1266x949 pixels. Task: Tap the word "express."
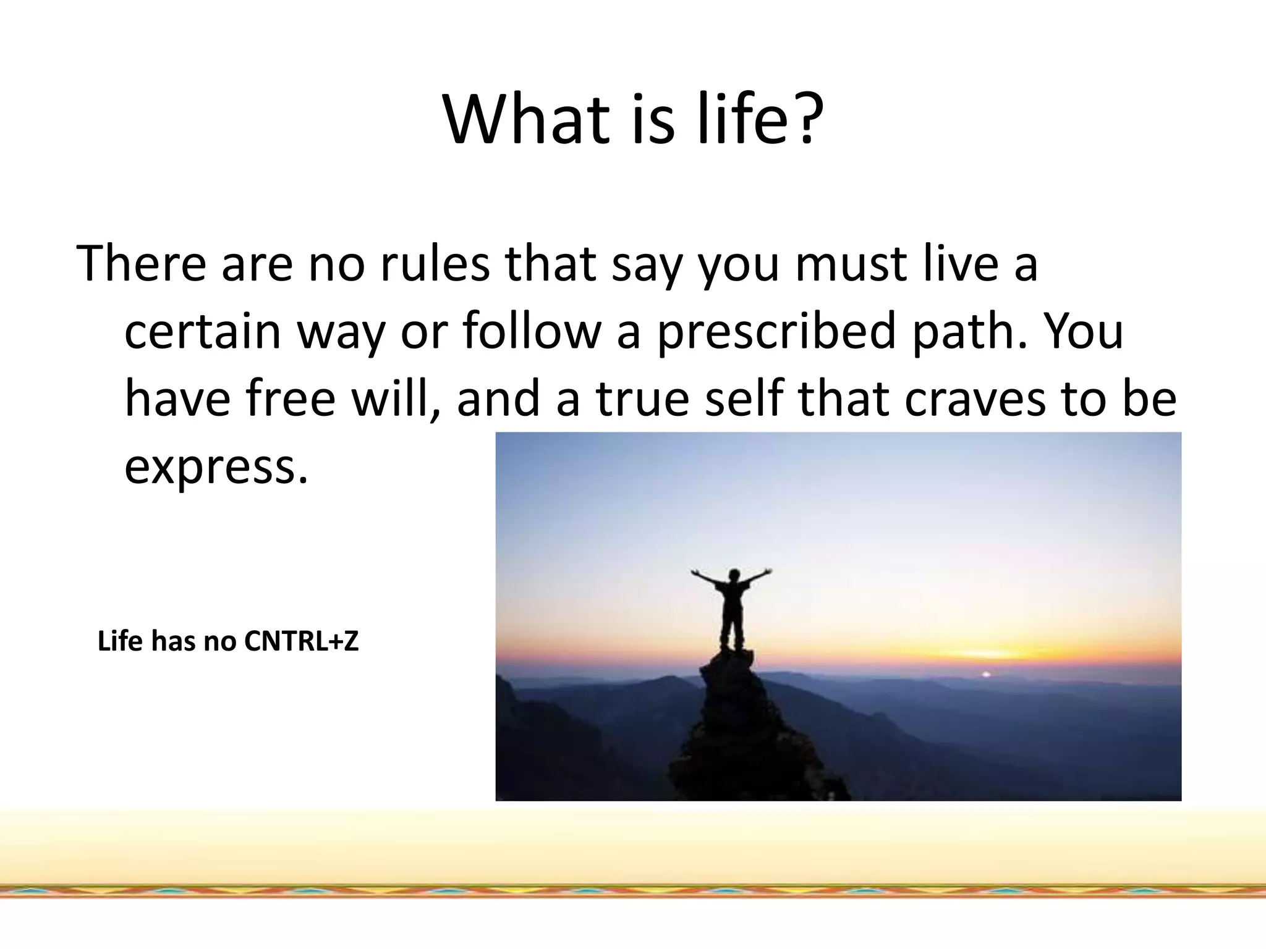tap(216, 466)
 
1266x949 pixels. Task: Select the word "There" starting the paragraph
tap(141, 264)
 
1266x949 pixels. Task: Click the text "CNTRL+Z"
tap(301, 641)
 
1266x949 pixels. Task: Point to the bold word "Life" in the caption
tap(120, 641)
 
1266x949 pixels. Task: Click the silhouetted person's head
tap(734, 576)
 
